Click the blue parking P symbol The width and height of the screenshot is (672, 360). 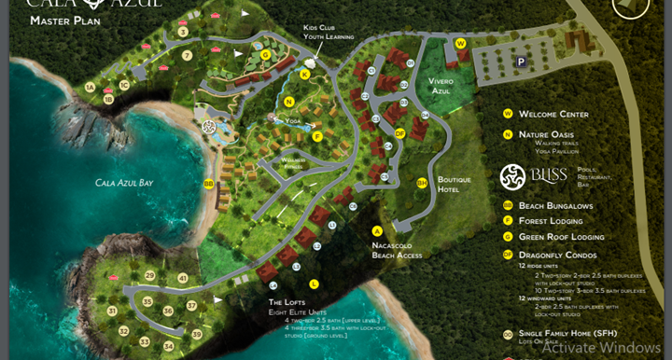[522, 62]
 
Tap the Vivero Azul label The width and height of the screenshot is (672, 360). [441, 87]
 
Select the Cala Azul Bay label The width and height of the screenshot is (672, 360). [124, 183]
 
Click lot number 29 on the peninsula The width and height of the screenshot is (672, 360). [150, 276]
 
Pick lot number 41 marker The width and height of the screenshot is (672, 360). [183, 278]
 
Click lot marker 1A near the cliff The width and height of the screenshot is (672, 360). [91, 87]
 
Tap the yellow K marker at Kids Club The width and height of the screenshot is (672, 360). [304, 75]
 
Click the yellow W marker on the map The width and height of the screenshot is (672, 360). [460, 44]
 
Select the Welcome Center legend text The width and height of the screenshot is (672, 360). [553, 114]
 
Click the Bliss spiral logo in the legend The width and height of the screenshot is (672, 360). [512, 175]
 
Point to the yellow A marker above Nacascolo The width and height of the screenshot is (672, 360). [377, 230]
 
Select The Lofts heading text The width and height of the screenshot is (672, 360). [287, 302]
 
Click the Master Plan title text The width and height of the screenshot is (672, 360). [59, 20]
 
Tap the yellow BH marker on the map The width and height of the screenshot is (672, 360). [422, 183]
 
